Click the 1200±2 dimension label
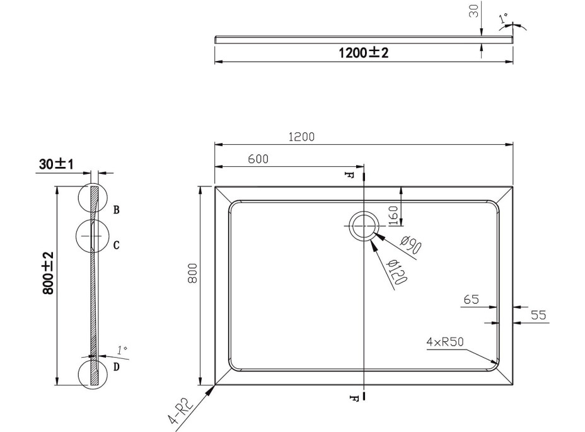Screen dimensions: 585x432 pos(363,52)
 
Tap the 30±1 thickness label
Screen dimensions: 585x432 pos(56,164)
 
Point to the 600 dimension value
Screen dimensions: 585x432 pos(258,159)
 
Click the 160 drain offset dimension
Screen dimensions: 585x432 pos(393,216)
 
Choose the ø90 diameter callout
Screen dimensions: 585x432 pos(410,245)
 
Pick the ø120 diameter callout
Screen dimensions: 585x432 pos(397,272)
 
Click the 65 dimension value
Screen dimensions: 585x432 pos(471,299)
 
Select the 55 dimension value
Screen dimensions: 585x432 pos(538,315)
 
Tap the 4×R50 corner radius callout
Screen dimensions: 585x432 pos(445,342)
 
